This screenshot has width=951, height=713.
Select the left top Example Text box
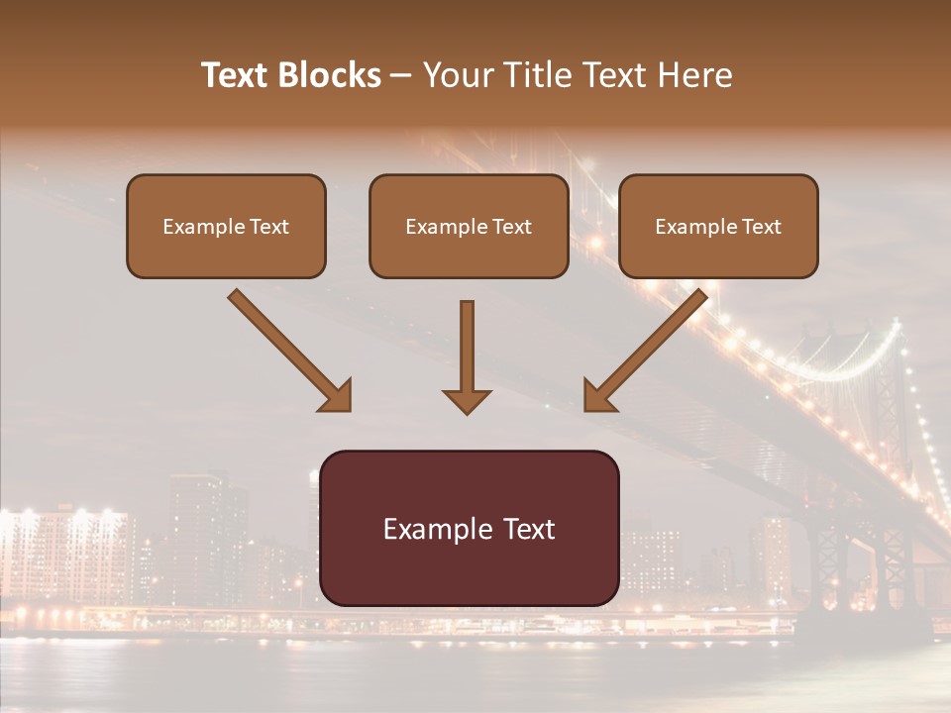(x=226, y=226)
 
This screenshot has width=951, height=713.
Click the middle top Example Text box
(x=469, y=226)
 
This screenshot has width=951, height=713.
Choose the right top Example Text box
(x=718, y=226)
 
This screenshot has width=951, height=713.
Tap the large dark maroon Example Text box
(x=470, y=528)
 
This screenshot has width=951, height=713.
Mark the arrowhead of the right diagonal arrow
(x=597, y=396)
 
